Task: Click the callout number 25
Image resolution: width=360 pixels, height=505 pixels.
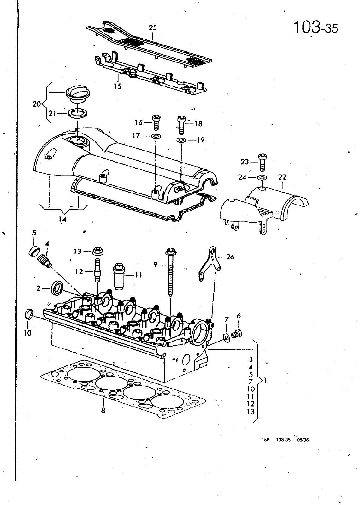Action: click(x=153, y=28)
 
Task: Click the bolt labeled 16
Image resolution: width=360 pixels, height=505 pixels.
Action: click(x=156, y=122)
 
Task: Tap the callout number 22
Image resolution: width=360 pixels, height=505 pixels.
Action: click(x=282, y=177)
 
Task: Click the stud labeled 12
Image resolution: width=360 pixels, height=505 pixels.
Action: click(x=97, y=270)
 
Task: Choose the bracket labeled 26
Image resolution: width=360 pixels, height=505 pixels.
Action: click(x=210, y=263)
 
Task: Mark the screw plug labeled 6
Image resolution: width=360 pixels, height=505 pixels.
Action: click(x=237, y=333)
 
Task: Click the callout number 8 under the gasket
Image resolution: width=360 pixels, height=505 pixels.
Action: click(x=103, y=411)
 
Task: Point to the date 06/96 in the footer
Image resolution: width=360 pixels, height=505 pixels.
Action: click(x=303, y=446)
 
